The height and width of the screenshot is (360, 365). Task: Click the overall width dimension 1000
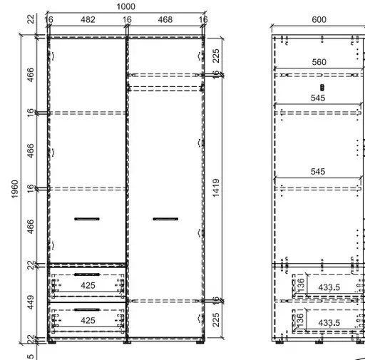[125, 6]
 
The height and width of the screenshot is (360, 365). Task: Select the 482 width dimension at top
[88, 20]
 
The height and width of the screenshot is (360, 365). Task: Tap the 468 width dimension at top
[165, 20]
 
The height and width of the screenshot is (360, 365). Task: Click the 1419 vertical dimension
[216, 190]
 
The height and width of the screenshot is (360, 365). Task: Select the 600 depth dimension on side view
[319, 20]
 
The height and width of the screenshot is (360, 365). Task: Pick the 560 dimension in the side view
[319, 62]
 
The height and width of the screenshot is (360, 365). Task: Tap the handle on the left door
[87, 218]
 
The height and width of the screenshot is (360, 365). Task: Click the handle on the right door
[165, 218]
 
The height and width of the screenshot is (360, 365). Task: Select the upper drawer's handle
[87, 274]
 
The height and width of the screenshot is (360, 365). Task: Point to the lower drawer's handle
[87, 309]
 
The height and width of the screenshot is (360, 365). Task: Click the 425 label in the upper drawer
[88, 285]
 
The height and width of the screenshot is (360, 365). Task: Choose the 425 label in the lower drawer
[88, 321]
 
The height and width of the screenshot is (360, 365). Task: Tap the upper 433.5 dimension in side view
[329, 287]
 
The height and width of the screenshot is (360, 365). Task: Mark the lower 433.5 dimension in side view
[329, 323]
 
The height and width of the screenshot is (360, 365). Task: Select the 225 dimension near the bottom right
[216, 318]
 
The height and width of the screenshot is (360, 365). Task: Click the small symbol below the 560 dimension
[319, 87]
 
